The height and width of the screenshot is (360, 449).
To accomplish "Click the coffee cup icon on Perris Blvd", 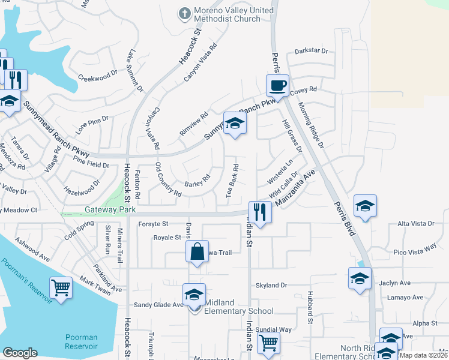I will [277, 86].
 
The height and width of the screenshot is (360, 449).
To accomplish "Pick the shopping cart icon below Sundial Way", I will [268, 343].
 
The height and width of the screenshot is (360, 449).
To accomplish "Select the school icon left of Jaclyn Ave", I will [360, 278].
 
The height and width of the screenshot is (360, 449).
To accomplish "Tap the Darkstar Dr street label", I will [312, 51].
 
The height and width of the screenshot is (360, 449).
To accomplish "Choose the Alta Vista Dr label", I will [415, 223].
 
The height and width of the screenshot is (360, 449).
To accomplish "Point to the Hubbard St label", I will [310, 308].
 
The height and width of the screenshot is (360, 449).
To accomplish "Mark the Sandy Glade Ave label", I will [158, 305].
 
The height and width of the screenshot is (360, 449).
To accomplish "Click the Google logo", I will [20, 353].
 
